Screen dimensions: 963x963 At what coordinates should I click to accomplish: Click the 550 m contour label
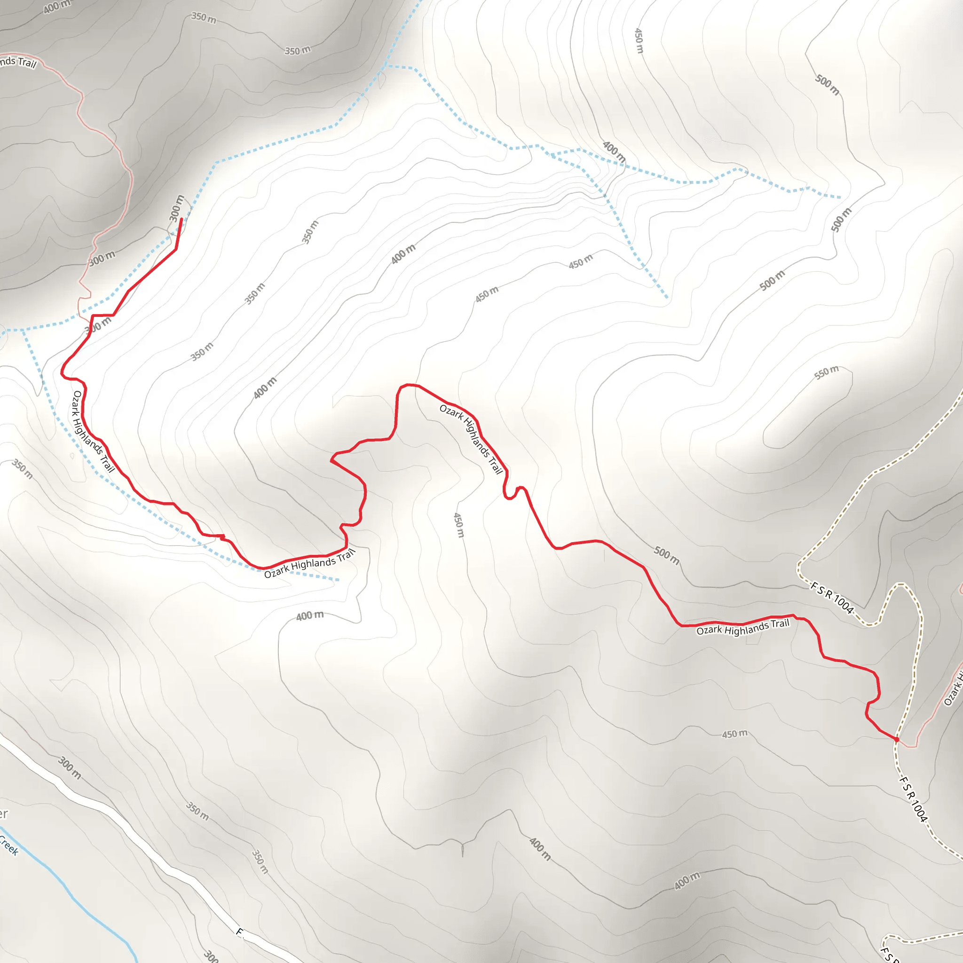click(x=827, y=372)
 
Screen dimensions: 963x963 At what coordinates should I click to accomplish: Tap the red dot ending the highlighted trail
click(x=896, y=739)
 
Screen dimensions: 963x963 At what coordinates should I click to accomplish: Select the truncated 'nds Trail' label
click(x=18, y=62)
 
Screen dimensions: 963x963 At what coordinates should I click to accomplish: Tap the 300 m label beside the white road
click(x=69, y=767)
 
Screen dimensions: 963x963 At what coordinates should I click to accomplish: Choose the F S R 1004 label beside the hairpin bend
click(x=832, y=597)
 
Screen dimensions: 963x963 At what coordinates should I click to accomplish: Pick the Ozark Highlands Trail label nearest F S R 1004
click(x=742, y=628)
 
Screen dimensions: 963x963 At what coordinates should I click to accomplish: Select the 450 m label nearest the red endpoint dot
click(x=735, y=734)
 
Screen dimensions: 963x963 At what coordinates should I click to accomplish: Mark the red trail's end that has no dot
click(x=181, y=219)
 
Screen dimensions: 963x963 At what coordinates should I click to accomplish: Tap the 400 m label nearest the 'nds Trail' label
click(x=57, y=7)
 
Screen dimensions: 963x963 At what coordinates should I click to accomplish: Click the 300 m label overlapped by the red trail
click(x=98, y=324)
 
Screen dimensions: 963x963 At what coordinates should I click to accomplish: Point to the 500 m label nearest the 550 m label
click(x=772, y=280)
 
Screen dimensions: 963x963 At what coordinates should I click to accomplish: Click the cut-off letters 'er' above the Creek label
click(x=3, y=814)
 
